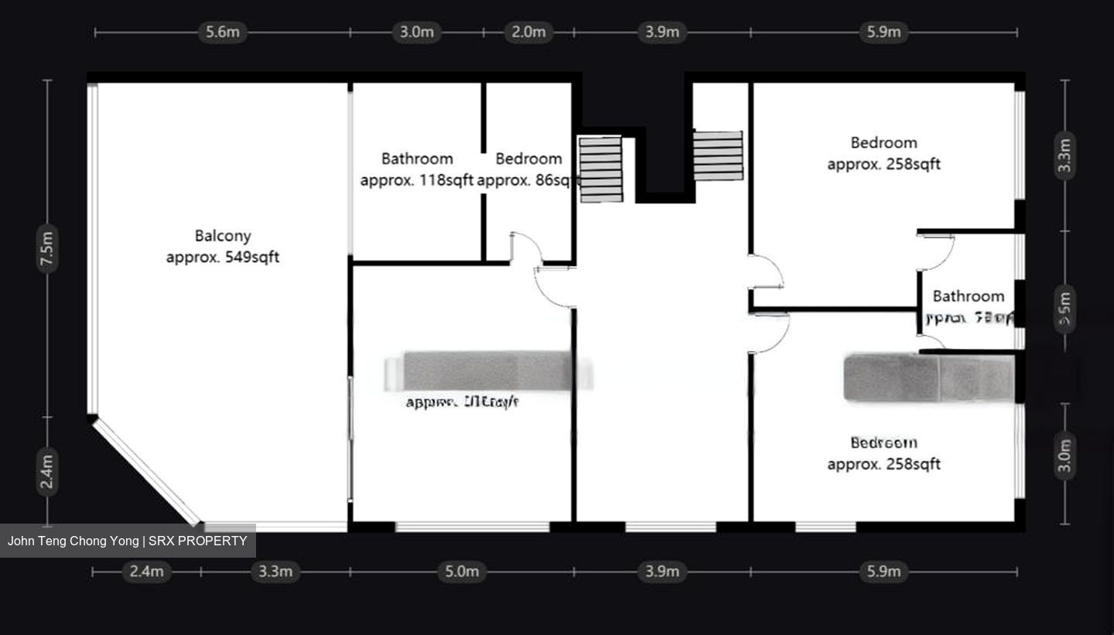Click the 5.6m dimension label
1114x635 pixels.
pos(223,32)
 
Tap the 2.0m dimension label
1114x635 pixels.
pos(528,32)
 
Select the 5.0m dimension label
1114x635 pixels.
pos(462,572)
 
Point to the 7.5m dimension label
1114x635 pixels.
pos(48,248)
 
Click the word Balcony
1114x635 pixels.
pos(223,236)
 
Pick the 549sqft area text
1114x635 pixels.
pos(251,258)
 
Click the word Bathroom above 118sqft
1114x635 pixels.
pos(417,159)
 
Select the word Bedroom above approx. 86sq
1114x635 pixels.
pos(528,159)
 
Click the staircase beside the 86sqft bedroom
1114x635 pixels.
pos(601,169)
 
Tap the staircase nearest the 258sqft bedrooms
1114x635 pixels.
pos(718,155)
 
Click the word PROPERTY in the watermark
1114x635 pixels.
pos(212,541)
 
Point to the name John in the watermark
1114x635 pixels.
pos(22,541)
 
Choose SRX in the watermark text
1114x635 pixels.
pos(161,541)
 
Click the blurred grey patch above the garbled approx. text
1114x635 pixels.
pos(487,370)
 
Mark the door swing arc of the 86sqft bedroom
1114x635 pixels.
pos(527,246)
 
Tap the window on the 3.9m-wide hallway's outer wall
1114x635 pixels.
pos(671,527)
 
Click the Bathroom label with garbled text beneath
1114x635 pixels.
pos(968,296)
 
